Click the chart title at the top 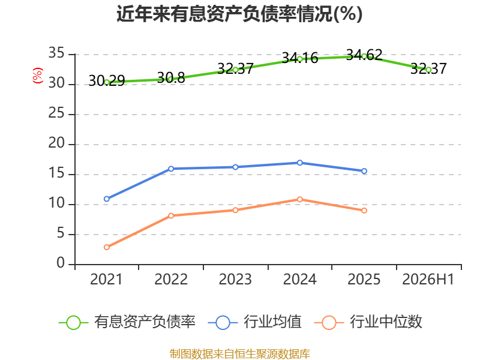(x=239, y=14)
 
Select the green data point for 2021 (x=107, y=82)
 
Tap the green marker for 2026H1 (x=428, y=70)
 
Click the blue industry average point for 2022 (x=171, y=169)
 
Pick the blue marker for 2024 (x=299, y=163)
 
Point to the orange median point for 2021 (x=107, y=247)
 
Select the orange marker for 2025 (x=364, y=211)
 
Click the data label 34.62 (x=364, y=55)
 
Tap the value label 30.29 (x=107, y=81)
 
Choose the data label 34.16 (x=300, y=58)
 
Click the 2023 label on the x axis (x=235, y=279)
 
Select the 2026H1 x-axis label (x=428, y=279)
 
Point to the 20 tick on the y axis (x=56, y=143)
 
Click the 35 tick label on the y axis (x=56, y=53)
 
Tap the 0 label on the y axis (x=61, y=263)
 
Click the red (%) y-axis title (x=38, y=76)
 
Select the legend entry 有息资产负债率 (x=127, y=322)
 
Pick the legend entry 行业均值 (x=254, y=322)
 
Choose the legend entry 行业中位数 (x=368, y=322)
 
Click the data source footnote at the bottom (x=240, y=353)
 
